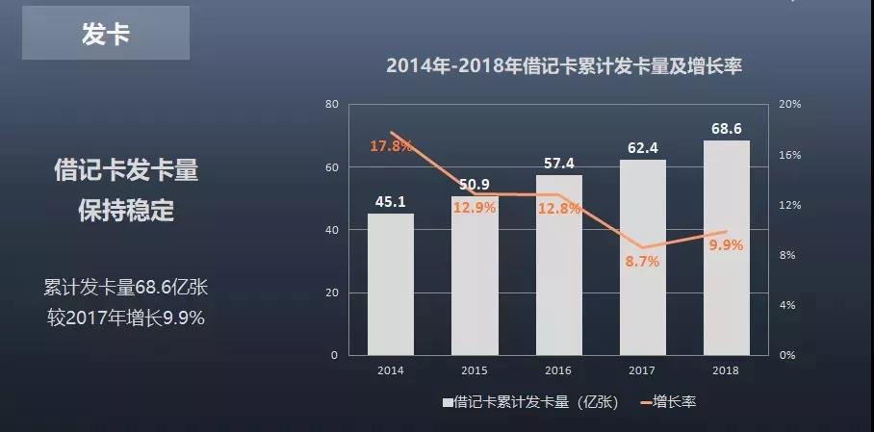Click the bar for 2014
[391, 284]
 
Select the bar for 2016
[558, 265]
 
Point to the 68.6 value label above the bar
[727, 128]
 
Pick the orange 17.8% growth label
[391, 146]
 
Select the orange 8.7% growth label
[642, 261]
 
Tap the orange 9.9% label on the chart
[727, 244]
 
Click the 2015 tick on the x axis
[475, 369]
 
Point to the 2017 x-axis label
[642, 369]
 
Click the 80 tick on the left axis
[332, 104]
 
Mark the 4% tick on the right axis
[787, 305]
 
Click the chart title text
[566, 66]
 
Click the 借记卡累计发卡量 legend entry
[534, 402]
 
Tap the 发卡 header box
[106, 36]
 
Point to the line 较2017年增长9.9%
[126, 318]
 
